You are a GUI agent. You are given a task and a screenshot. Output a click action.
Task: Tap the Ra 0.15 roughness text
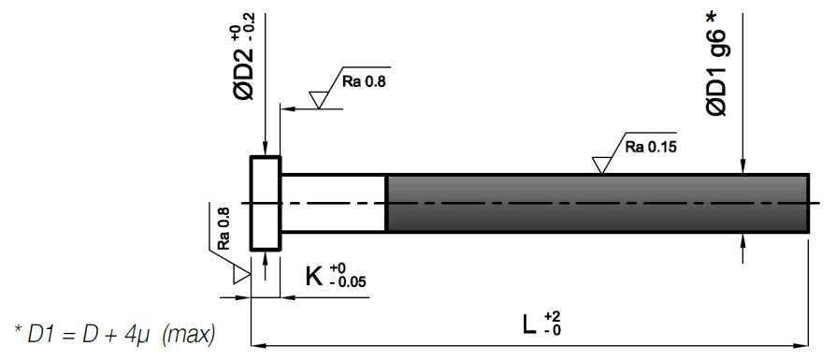coord(651,147)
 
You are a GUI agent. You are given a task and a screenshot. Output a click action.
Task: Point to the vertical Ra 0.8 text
coord(223,228)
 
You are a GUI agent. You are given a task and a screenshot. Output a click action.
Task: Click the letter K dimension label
coord(314,277)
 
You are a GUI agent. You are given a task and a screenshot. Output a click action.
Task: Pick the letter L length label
coord(529,324)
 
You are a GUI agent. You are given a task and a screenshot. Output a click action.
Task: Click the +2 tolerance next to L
coord(553,317)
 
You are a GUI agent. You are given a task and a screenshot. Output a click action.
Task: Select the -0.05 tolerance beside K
coord(348,281)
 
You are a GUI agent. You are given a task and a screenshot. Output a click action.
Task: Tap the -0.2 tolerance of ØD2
coord(250,24)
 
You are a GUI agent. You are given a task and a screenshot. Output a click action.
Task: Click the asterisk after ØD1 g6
coord(712,17)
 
